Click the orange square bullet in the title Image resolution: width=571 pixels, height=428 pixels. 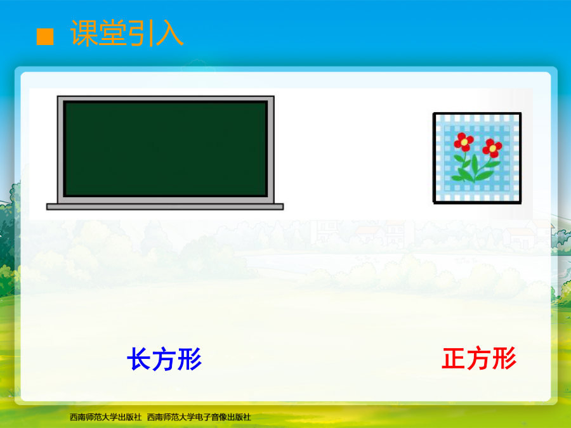point(45,37)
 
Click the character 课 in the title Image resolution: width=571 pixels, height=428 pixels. point(84,34)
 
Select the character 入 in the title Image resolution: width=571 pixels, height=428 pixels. point(169,34)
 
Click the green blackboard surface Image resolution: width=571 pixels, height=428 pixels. point(166,149)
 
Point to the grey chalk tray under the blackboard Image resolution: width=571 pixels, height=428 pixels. point(165,207)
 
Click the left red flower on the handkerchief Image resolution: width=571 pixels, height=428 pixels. point(464,142)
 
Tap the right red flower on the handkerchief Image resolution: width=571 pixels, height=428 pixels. point(492,148)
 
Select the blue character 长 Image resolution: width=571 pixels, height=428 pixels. point(139,359)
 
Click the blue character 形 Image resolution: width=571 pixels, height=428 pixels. point(189,359)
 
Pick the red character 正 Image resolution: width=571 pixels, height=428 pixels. point(454,358)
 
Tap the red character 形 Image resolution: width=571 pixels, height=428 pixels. point(504,358)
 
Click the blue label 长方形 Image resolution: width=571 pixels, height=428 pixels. point(164,359)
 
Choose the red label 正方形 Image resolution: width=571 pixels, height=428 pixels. point(479,358)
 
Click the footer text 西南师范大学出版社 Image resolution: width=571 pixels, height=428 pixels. point(105,417)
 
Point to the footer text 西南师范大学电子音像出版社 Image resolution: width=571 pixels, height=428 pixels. point(199,417)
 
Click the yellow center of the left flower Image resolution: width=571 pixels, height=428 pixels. point(464,142)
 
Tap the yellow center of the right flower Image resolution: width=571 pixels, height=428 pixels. point(492,148)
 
